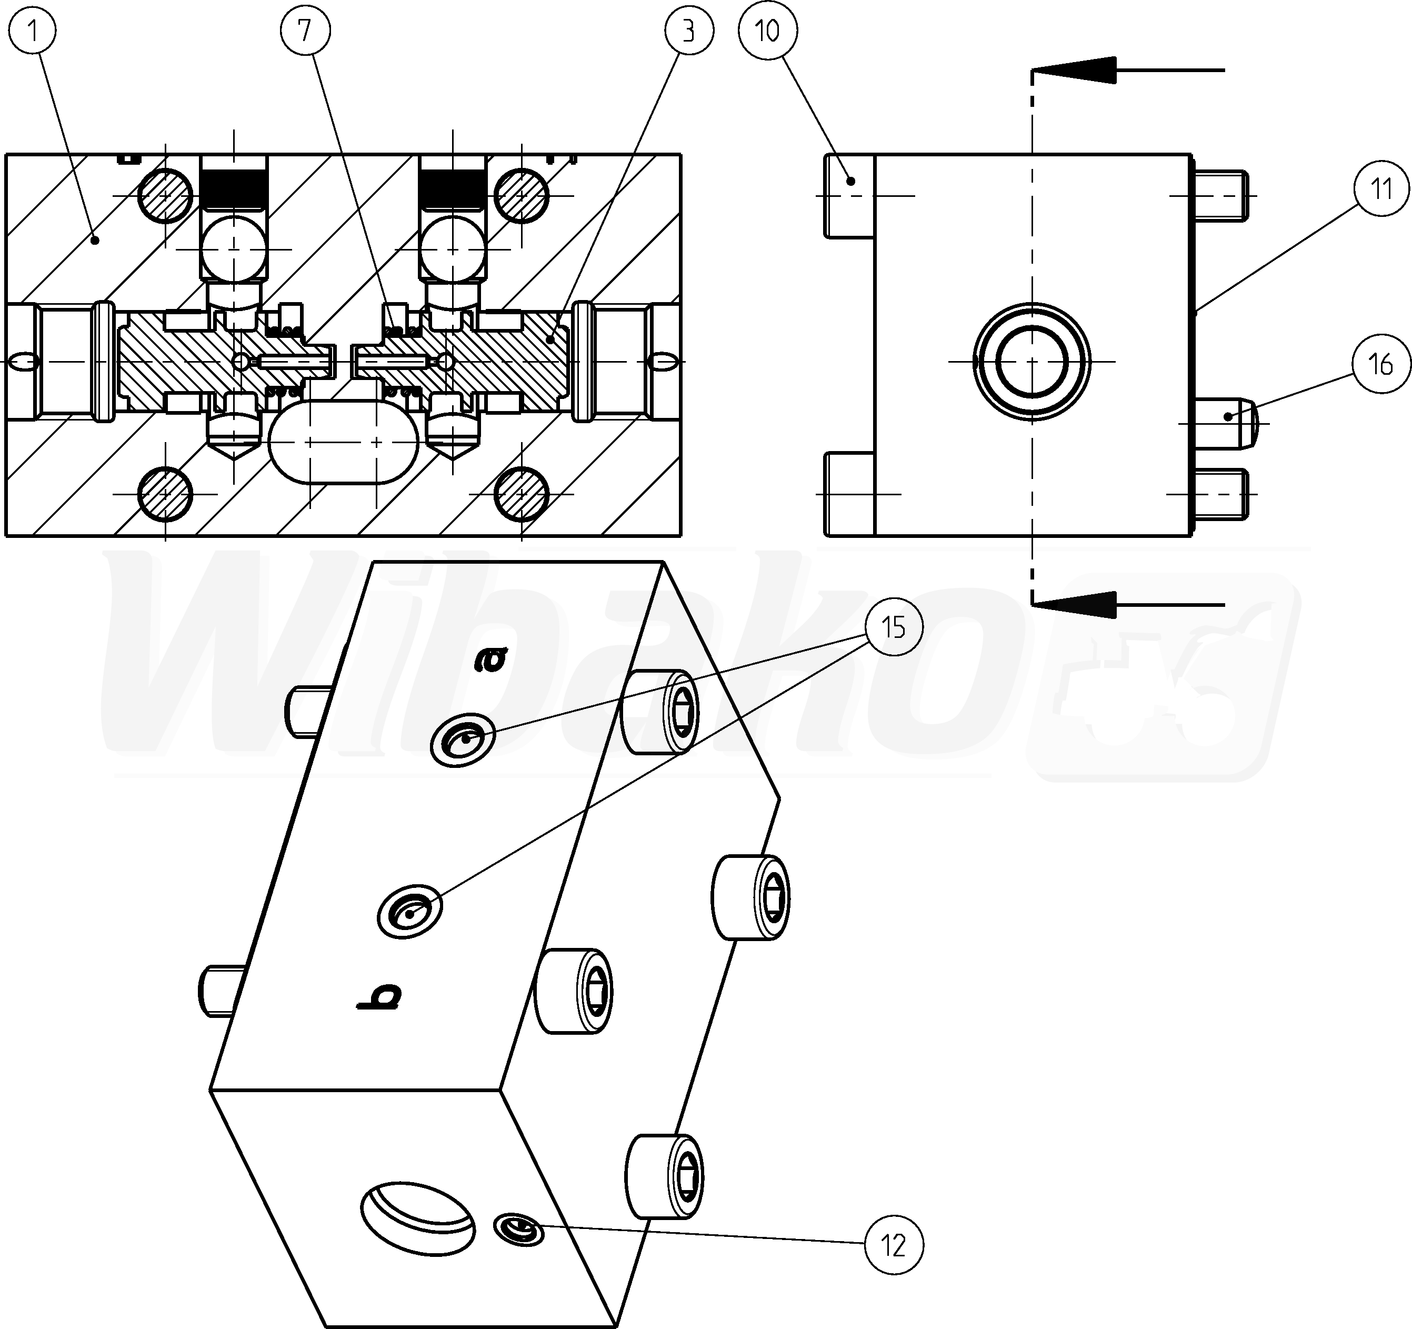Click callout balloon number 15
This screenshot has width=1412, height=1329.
click(x=894, y=627)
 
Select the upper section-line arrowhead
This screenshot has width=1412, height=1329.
click(x=1073, y=71)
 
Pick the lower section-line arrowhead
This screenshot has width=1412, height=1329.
click(x=1073, y=604)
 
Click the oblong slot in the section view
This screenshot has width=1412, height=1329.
click(x=344, y=441)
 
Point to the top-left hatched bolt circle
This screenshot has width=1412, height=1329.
click(x=165, y=195)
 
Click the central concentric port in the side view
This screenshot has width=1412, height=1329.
click(x=1032, y=362)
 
